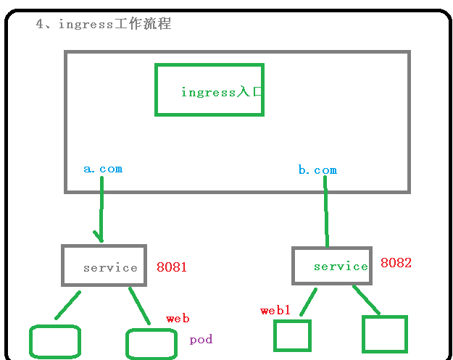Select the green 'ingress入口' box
tap(209, 90)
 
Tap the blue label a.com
tap(103, 169)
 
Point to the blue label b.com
tap(317, 170)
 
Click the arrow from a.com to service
tap(101, 210)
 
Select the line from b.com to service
tap(326, 214)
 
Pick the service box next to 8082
tap(331, 266)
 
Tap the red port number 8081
tap(172, 267)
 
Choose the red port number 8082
tap(396, 264)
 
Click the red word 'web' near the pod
tap(178, 319)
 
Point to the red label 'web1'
tap(275, 311)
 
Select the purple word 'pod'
tap(201, 340)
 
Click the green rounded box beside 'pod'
tap(151, 344)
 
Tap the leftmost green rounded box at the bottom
tap(54, 342)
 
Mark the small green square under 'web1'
tap(292, 336)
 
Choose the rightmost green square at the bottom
tap(385, 334)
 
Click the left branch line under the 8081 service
tap(67, 305)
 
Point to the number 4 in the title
tap(40, 24)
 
